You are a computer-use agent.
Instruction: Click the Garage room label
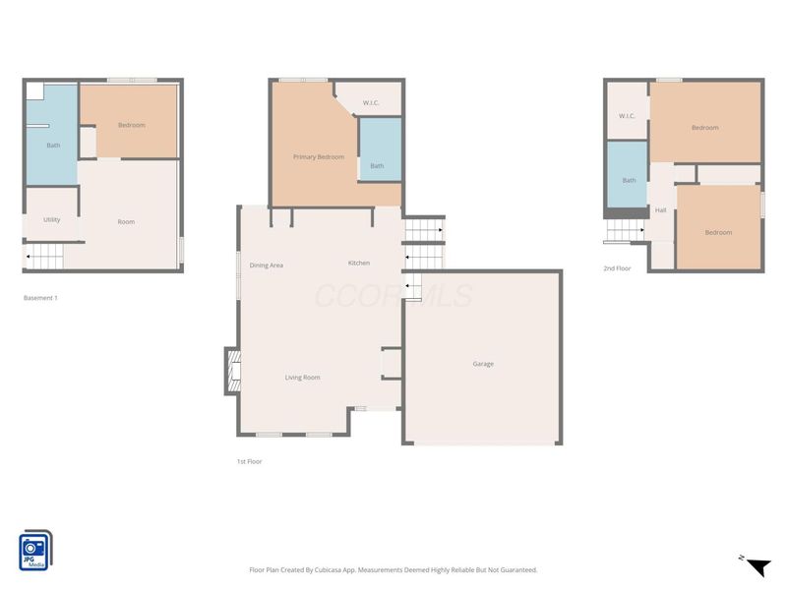pos(483,364)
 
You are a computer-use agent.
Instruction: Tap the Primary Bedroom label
pos(318,157)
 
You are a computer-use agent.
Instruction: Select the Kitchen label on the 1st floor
pos(359,264)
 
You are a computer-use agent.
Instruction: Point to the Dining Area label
pos(267,265)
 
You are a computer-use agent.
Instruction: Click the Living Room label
pos(302,378)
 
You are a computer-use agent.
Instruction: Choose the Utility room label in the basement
pos(52,219)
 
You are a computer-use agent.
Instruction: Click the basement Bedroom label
pos(132,125)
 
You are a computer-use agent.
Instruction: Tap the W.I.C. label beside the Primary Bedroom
pos(371,103)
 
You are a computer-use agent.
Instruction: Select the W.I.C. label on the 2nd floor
pos(627,116)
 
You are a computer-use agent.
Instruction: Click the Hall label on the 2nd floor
pos(661,210)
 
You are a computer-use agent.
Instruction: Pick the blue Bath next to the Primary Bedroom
pos(378,165)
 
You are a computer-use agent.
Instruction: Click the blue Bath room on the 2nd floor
pos(629,180)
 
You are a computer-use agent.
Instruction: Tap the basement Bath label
pos(53,146)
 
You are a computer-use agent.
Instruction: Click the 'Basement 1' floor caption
pos(40,298)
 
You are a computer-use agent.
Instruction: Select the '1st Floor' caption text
pos(249,461)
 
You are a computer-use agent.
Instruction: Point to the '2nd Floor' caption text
pos(617,267)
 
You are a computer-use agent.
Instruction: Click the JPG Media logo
pos(36,551)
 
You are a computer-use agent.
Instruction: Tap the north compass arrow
pos(756,566)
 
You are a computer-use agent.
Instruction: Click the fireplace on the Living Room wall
pos(232,371)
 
